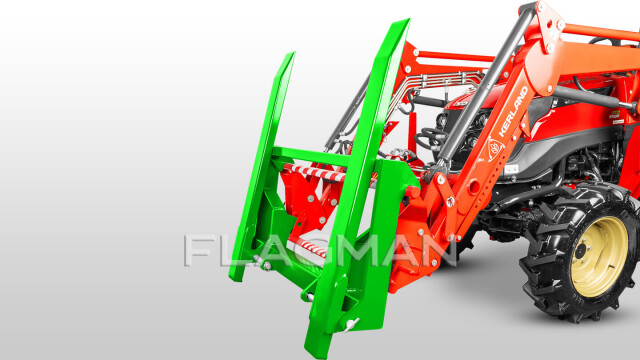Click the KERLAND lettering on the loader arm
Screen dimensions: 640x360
point(513,112)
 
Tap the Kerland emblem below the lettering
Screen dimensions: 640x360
point(496,148)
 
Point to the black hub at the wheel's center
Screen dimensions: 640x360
point(580,251)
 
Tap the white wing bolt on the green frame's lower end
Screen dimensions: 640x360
point(350,324)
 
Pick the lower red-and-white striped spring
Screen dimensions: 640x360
point(313,247)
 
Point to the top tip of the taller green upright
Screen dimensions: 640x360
point(407,19)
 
